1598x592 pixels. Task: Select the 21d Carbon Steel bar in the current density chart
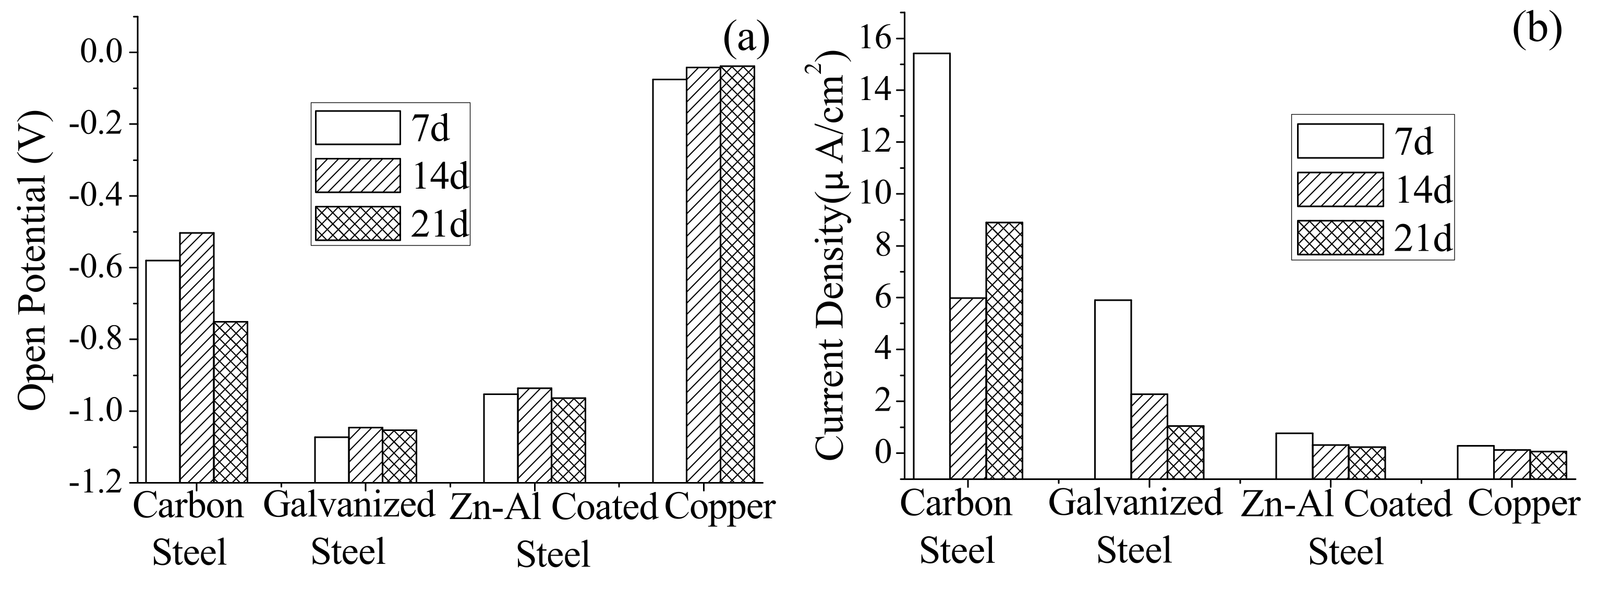[x=1004, y=350]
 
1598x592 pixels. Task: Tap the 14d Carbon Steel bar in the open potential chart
[x=197, y=357]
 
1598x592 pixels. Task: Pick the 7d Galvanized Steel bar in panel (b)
[x=1113, y=389]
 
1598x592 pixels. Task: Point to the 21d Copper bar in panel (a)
[x=737, y=274]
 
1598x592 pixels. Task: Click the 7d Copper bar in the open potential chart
[x=669, y=280]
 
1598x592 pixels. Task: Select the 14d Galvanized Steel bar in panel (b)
[x=1149, y=436]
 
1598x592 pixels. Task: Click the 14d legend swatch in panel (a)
[x=357, y=176]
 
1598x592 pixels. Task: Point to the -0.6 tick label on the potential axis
[x=102, y=268]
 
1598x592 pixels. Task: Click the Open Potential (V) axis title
[x=32, y=261]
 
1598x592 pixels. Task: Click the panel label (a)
[x=746, y=39]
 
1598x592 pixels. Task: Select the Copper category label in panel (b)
[x=1523, y=504]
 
